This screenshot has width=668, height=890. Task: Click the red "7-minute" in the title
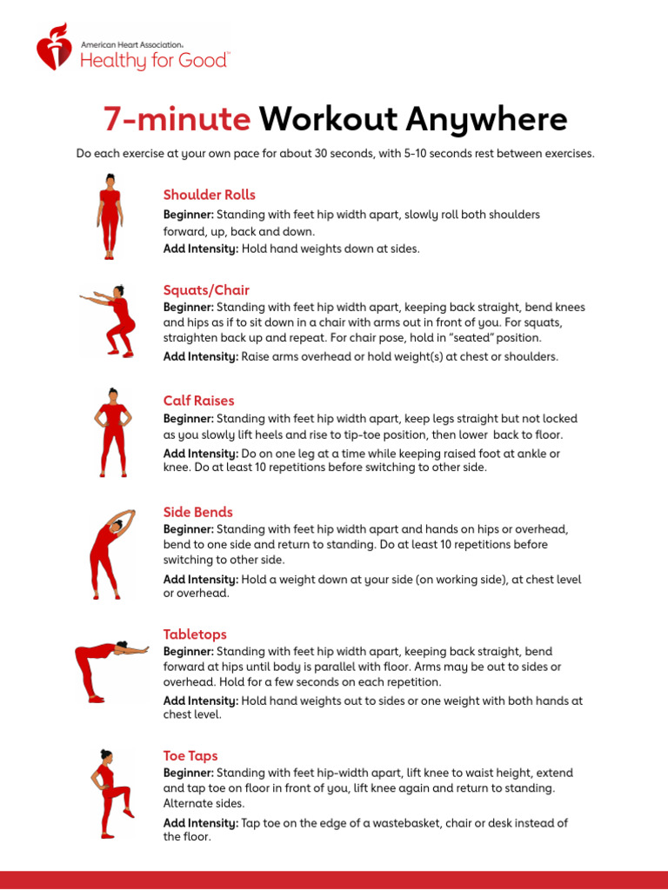(177, 119)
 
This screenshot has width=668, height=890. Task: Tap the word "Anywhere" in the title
(495, 119)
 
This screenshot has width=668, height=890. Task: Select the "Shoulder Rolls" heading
(209, 195)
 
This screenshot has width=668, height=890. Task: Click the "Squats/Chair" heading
(206, 289)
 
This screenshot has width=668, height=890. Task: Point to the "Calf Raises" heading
(198, 401)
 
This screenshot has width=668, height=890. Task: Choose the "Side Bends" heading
(197, 512)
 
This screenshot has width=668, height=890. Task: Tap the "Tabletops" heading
(195, 634)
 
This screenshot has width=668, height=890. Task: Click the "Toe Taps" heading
(190, 756)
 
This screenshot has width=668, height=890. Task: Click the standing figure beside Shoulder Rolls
(110, 216)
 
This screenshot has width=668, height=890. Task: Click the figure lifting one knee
(110, 793)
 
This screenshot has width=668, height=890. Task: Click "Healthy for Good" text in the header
(155, 60)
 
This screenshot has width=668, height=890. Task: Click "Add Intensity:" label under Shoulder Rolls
(201, 249)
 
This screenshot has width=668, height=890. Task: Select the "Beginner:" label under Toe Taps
(189, 773)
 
